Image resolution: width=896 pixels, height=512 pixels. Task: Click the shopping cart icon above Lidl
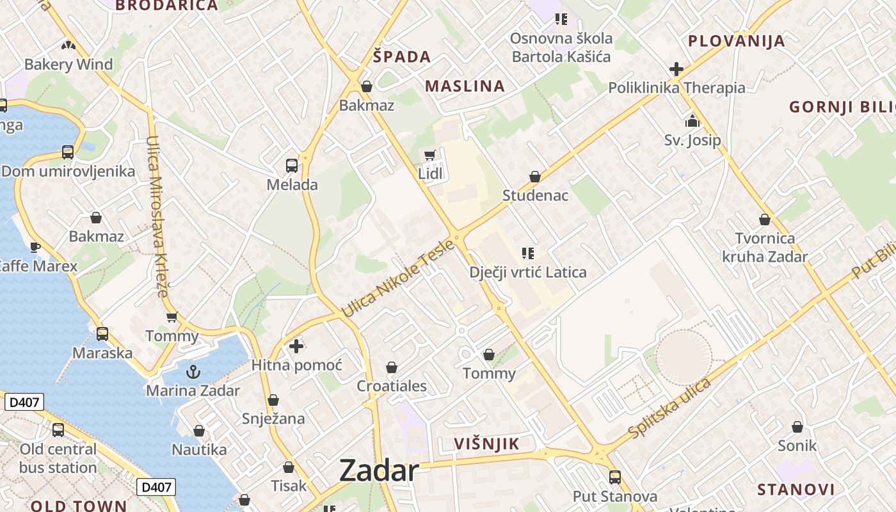[430, 156]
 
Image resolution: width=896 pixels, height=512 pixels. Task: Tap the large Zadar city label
[379, 470]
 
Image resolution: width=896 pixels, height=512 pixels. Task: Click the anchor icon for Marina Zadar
[193, 372]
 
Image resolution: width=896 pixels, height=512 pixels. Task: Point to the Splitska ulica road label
[669, 408]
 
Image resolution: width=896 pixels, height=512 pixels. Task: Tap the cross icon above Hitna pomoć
[296, 347]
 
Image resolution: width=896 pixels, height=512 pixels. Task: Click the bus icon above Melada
[292, 166]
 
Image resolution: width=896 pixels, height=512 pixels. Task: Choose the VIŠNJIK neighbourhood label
[486, 444]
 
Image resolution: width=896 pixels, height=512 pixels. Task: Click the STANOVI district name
[796, 490]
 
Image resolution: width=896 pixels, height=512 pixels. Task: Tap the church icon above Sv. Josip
[692, 120]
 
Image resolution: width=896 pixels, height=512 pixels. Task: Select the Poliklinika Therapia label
[676, 88]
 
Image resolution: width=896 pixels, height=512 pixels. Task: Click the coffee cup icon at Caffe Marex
[35, 247]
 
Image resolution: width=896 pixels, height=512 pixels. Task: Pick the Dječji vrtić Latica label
[528, 273]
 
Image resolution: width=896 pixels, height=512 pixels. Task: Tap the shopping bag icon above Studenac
[535, 177]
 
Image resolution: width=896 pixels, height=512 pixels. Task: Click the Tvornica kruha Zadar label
[765, 248]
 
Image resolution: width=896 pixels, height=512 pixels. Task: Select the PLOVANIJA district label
[736, 41]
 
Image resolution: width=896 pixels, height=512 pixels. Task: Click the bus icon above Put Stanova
[615, 477]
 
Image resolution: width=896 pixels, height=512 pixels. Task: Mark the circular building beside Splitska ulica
[684, 357]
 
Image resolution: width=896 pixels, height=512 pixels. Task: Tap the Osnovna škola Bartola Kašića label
[561, 47]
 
